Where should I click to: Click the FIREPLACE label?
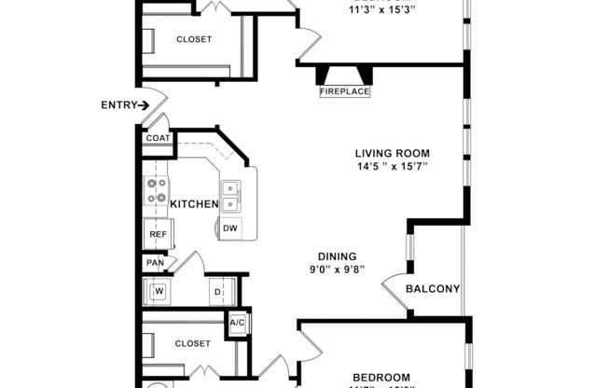tap(345, 91)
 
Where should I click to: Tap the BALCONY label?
tap(433, 289)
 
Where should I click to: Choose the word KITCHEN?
tap(193, 204)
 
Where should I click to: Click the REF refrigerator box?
tap(158, 235)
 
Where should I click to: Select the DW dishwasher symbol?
tap(229, 227)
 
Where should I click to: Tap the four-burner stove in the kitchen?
tap(155, 191)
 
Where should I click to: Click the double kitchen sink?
tap(234, 192)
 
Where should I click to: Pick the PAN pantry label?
tap(155, 264)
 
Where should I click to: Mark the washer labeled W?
tap(159, 291)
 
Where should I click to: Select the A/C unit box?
tap(237, 323)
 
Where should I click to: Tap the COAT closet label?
tap(157, 138)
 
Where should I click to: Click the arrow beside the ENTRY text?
tap(144, 105)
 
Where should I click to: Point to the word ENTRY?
tap(117, 105)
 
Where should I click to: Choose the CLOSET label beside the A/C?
tap(193, 342)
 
